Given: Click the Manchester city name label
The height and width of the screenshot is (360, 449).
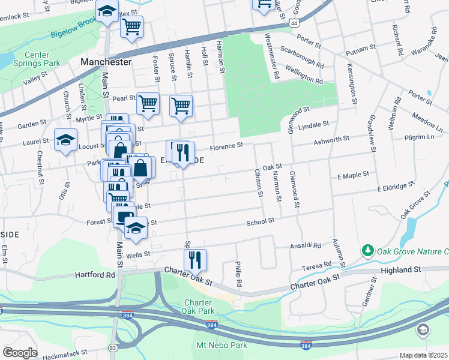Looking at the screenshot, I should click(x=105, y=62).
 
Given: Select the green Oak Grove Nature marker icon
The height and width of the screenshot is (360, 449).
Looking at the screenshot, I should click(x=366, y=250).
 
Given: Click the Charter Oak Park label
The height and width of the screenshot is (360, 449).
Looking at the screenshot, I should click(x=197, y=307).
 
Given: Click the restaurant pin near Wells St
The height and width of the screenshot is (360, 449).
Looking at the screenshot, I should click(x=195, y=259).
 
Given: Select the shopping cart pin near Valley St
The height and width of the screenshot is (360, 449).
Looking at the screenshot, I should click(x=131, y=26).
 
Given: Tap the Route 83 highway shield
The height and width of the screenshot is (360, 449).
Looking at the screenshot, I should click(x=113, y=347).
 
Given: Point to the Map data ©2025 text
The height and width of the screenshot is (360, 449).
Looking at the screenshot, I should click(x=423, y=355).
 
